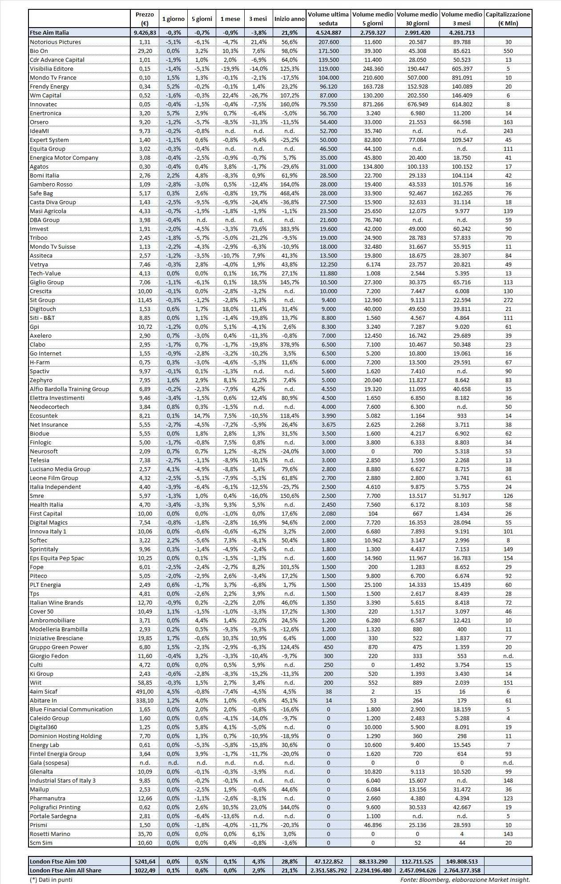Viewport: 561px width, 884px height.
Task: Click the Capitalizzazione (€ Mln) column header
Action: tap(508, 19)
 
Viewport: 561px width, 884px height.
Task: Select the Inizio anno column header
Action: tap(290, 19)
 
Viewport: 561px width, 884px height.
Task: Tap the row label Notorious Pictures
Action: tap(55, 42)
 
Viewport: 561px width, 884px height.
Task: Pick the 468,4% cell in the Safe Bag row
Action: tap(290, 193)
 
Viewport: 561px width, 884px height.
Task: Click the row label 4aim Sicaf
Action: tap(44, 691)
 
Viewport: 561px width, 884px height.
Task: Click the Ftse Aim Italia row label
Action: tap(49, 32)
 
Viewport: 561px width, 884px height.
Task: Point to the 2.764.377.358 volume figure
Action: tap(462, 870)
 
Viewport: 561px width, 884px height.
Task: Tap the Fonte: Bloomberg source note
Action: tap(465, 879)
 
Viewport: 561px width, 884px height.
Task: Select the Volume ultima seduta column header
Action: tap(328, 19)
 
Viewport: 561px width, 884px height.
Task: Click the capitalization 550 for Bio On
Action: tap(508, 51)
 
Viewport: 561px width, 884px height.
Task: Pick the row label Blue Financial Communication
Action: tap(71, 709)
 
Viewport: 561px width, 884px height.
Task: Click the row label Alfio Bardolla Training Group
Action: tap(69, 389)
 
